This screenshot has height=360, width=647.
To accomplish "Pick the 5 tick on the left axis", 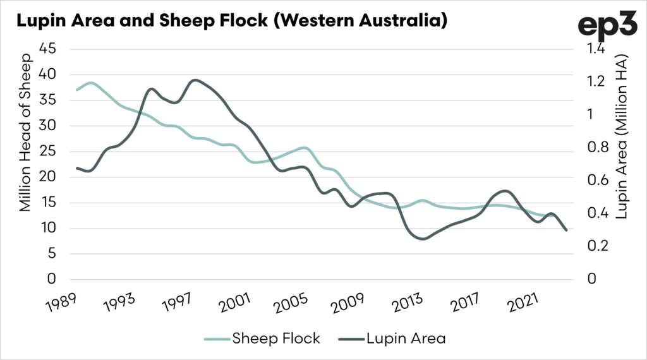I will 52,253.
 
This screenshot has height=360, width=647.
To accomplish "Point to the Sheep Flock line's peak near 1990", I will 91,83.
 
